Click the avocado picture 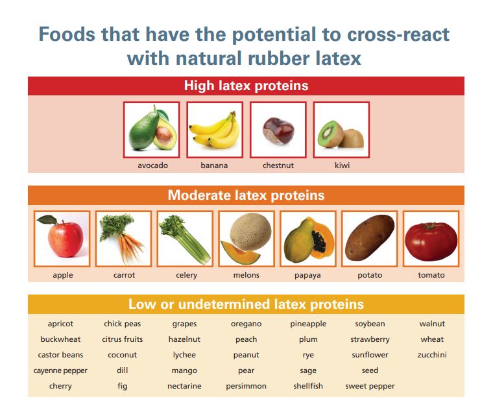pos(151,130)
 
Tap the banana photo pos(215,130)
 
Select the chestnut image pos(278,130)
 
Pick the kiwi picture pos(341,130)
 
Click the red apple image pos(62,239)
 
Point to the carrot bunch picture pos(123,239)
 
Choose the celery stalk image pos(185,239)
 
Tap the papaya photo pos(307,239)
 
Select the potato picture pos(369,239)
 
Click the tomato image pos(431,239)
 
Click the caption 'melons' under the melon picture pos(246,275)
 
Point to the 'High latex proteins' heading pos(246,86)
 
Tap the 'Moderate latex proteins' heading pos(246,195)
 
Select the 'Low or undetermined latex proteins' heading pos(246,304)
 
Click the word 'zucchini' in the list pos(432,355)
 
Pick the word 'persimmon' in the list pos(246,386)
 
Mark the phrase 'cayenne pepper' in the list pos(60,370)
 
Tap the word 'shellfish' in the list pos(308,386)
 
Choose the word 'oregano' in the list pos(246,324)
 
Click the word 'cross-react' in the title pos(402,34)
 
